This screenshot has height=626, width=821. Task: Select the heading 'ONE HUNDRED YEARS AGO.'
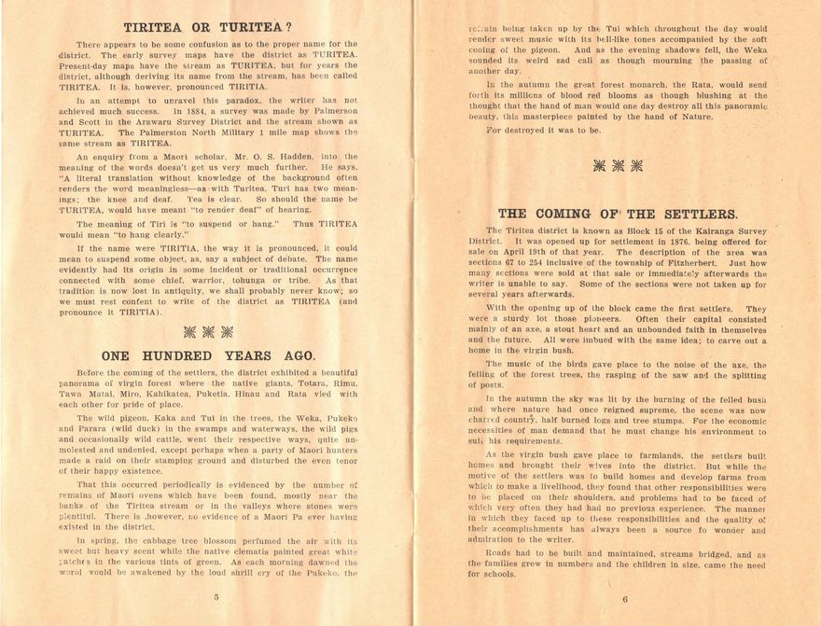208,355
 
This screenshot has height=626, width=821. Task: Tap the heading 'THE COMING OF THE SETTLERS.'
619,214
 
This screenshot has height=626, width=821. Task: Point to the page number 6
624,599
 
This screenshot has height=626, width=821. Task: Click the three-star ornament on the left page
208,330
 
